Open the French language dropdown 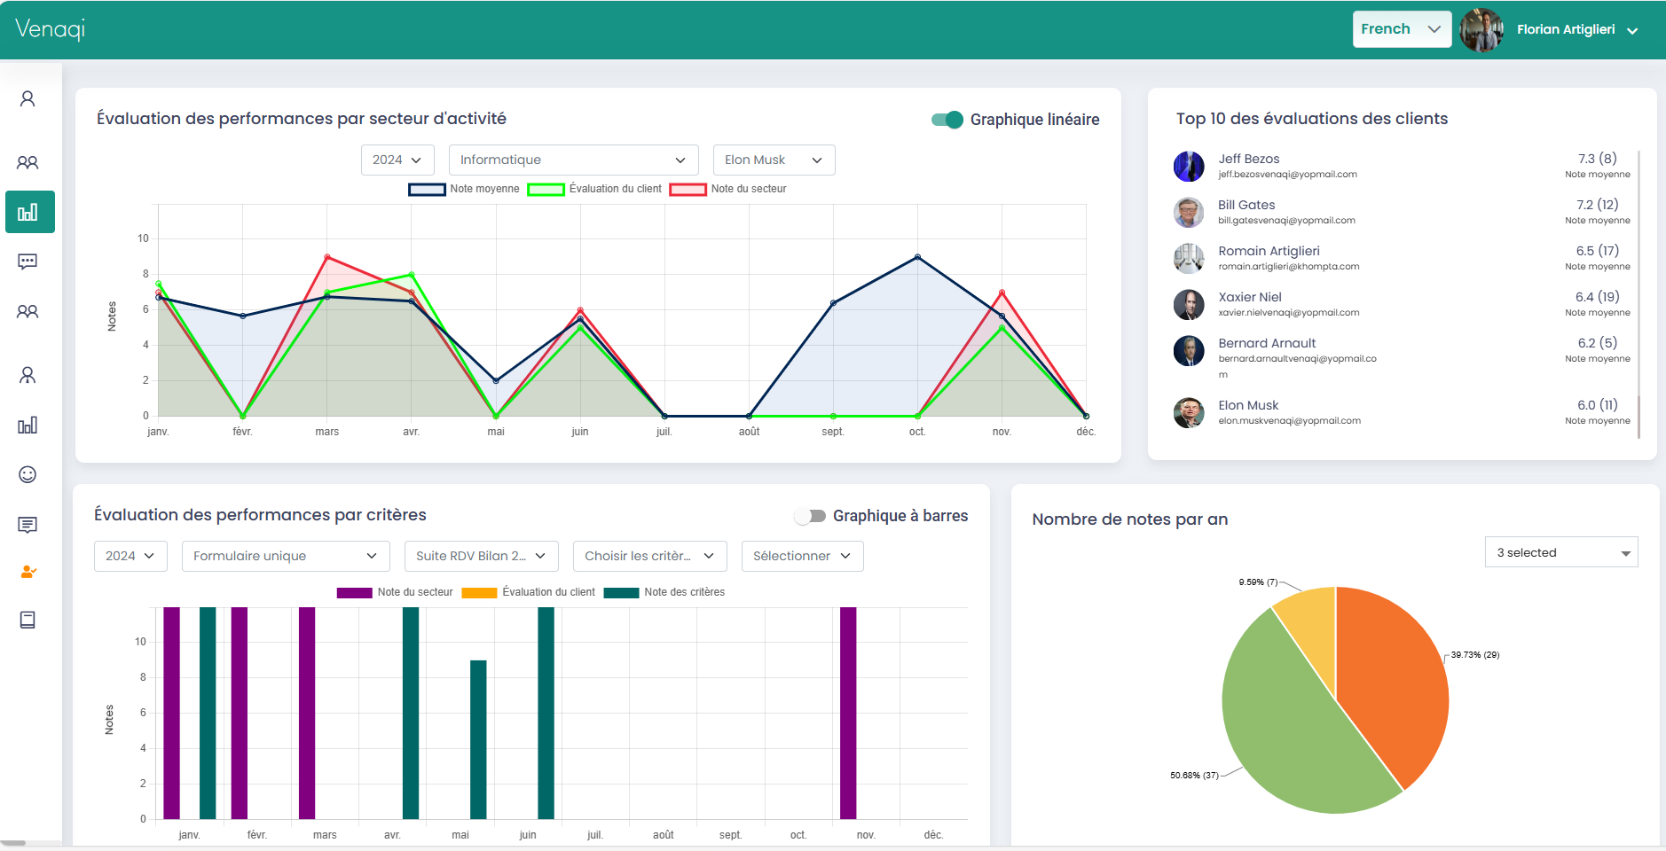[x=1401, y=29]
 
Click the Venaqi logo [x=51, y=29]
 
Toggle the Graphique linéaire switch [x=947, y=120]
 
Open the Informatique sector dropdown [x=573, y=160]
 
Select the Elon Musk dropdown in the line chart [x=774, y=160]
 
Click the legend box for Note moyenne [x=427, y=189]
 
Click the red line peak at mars [x=327, y=257]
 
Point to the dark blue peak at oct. [x=917, y=257]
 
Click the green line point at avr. [x=412, y=275]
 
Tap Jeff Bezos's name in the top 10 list [x=1248, y=159]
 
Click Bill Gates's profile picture [x=1189, y=212]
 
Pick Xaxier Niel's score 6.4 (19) [x=1597, y=297]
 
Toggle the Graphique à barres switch [x=810, y=516]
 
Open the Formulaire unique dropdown [x=285, y=556]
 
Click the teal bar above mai [x=478, y=739]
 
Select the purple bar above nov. [x=848, y=713]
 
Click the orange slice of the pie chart [x=1388, y=683]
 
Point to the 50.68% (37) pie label [x=1193, y=776]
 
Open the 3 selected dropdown [x=1560, y=552]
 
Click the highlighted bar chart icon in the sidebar [x=29, y=212]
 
